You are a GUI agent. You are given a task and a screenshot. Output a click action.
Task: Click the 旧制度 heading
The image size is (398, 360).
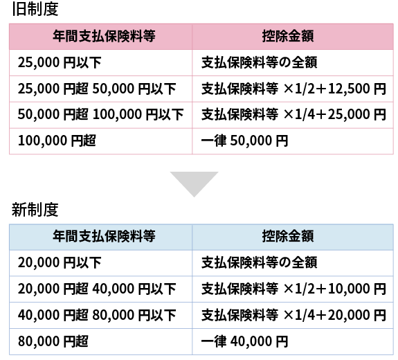35,8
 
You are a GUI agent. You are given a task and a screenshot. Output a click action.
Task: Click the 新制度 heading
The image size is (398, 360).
35,210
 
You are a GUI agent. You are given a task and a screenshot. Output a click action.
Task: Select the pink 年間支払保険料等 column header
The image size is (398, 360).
104,36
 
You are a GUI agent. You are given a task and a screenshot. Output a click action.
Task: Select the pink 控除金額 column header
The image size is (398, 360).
288,36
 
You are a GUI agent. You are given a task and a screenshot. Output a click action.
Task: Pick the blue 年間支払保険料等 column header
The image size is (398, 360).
104,236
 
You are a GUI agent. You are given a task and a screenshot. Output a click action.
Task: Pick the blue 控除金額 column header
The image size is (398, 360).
288,236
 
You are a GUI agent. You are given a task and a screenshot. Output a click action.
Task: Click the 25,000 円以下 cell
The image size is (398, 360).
60,62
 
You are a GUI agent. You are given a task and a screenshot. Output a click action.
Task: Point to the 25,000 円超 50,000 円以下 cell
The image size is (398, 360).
97,89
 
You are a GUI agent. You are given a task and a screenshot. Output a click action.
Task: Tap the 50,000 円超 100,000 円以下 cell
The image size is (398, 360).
101,114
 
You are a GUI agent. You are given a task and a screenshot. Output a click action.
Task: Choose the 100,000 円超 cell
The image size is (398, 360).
57,141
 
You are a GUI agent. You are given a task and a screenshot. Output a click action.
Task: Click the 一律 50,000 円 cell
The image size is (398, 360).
245,141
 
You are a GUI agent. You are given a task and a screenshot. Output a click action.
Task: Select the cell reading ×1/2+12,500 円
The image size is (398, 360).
293,89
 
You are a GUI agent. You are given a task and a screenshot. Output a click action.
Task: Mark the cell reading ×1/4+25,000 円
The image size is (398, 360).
293,114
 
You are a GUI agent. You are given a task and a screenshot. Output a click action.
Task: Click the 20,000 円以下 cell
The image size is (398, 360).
60,262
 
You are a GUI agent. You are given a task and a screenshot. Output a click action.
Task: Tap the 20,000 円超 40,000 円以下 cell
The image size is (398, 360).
97,289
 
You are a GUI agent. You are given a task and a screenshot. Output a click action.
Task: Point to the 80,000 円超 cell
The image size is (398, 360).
53,341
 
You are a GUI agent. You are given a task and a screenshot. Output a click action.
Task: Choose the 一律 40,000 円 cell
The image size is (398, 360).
245,341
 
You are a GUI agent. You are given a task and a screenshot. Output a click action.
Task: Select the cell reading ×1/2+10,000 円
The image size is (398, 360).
293,289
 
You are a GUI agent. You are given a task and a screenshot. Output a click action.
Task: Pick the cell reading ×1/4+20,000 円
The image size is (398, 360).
293,315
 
